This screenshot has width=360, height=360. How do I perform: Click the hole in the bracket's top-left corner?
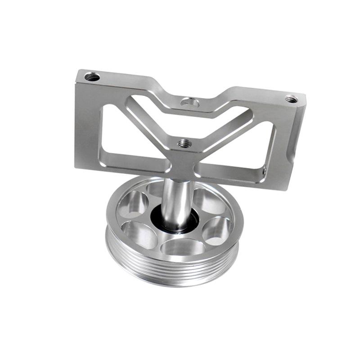click(92, 77)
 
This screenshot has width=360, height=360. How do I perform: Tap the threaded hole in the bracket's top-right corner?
click(291, 99)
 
